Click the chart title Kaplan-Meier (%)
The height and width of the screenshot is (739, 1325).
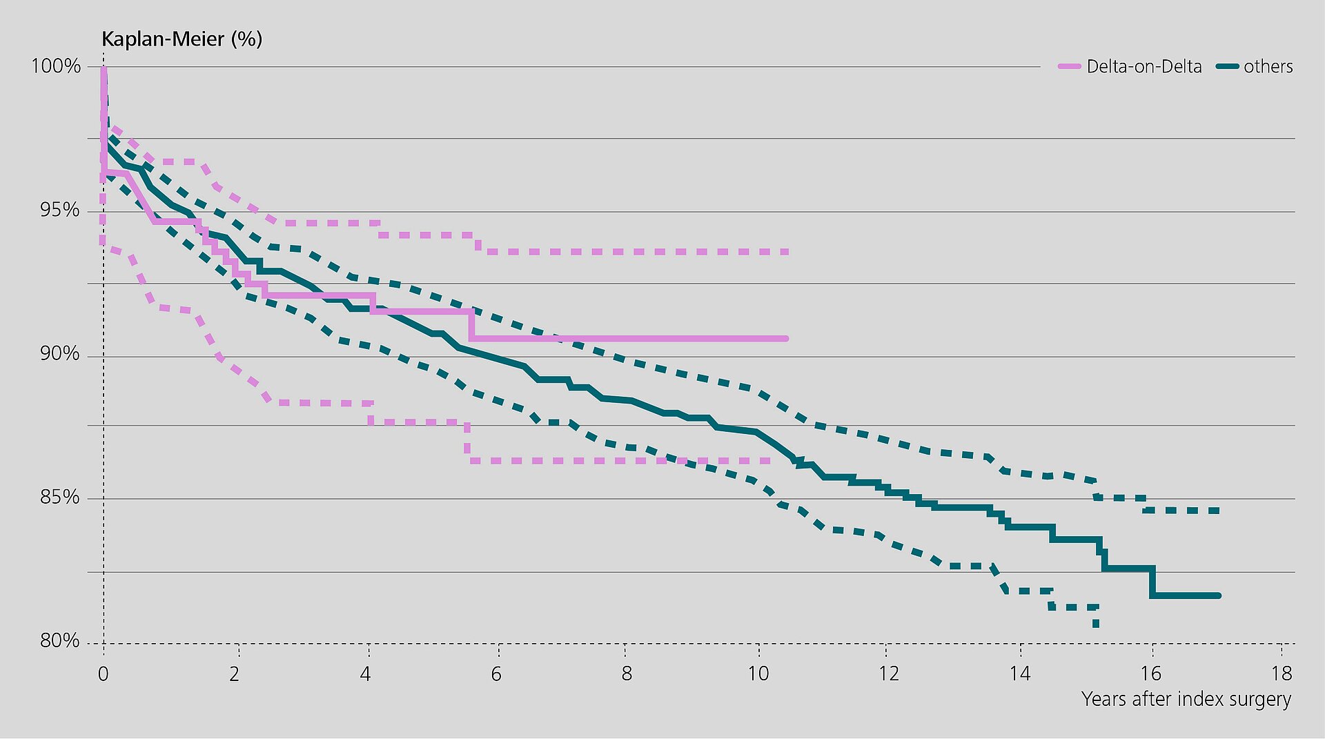pos(181,39)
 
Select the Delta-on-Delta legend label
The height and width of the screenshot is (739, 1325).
pos(1144,67)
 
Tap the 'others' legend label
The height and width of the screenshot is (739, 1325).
pos(1268,67)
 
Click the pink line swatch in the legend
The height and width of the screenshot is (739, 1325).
pos(1069,67)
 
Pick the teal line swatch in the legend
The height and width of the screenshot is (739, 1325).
pos(1228,67)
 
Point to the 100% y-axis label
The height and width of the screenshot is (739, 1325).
pos(56,66)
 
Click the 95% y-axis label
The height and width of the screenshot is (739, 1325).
pos(60,210)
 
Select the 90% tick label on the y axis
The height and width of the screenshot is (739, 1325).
pos(60,354)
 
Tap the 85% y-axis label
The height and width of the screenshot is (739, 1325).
pos(60,497)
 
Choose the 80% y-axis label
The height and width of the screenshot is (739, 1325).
pos(60,641)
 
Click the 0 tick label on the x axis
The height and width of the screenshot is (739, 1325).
pos(104,673)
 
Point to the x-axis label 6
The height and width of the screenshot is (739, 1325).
pos(496,673)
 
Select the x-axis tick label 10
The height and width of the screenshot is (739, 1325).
pos(758,673)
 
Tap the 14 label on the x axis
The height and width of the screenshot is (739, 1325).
pos(1019,673)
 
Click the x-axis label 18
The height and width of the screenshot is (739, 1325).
pos(1282,673)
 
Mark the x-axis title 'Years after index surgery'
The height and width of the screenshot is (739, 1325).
pos(1186,700)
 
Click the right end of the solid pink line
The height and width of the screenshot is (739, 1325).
pos(785,339)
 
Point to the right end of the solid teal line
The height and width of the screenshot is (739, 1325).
pos(1218,595)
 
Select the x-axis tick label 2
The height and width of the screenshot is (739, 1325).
pos(235,673)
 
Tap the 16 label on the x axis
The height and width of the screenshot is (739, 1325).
pos(1150,673)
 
